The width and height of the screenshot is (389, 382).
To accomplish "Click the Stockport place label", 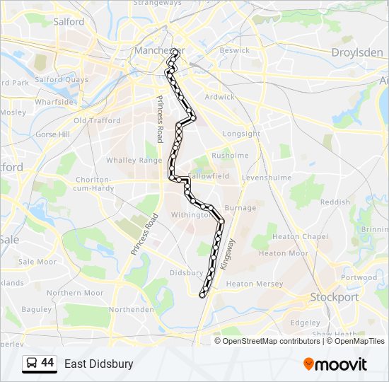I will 335,297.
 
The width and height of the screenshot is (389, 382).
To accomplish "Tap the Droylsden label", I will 357,52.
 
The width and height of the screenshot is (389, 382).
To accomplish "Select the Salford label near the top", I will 69,22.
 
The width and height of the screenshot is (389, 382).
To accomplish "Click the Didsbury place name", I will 187,272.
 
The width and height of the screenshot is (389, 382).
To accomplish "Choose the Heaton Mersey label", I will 254,284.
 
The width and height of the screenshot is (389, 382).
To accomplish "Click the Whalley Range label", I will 134,161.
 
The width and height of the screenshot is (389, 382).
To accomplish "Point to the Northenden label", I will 131,309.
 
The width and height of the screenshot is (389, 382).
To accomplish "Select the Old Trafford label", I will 97,120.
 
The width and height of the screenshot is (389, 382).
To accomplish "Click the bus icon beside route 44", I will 32,364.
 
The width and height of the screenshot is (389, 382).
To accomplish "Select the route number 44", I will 47,364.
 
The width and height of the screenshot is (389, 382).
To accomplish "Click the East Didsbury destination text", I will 98,364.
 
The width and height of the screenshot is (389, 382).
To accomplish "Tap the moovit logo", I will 335,364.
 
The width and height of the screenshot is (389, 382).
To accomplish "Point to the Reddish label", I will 335,202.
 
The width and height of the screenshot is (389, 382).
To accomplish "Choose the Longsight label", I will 242,134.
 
